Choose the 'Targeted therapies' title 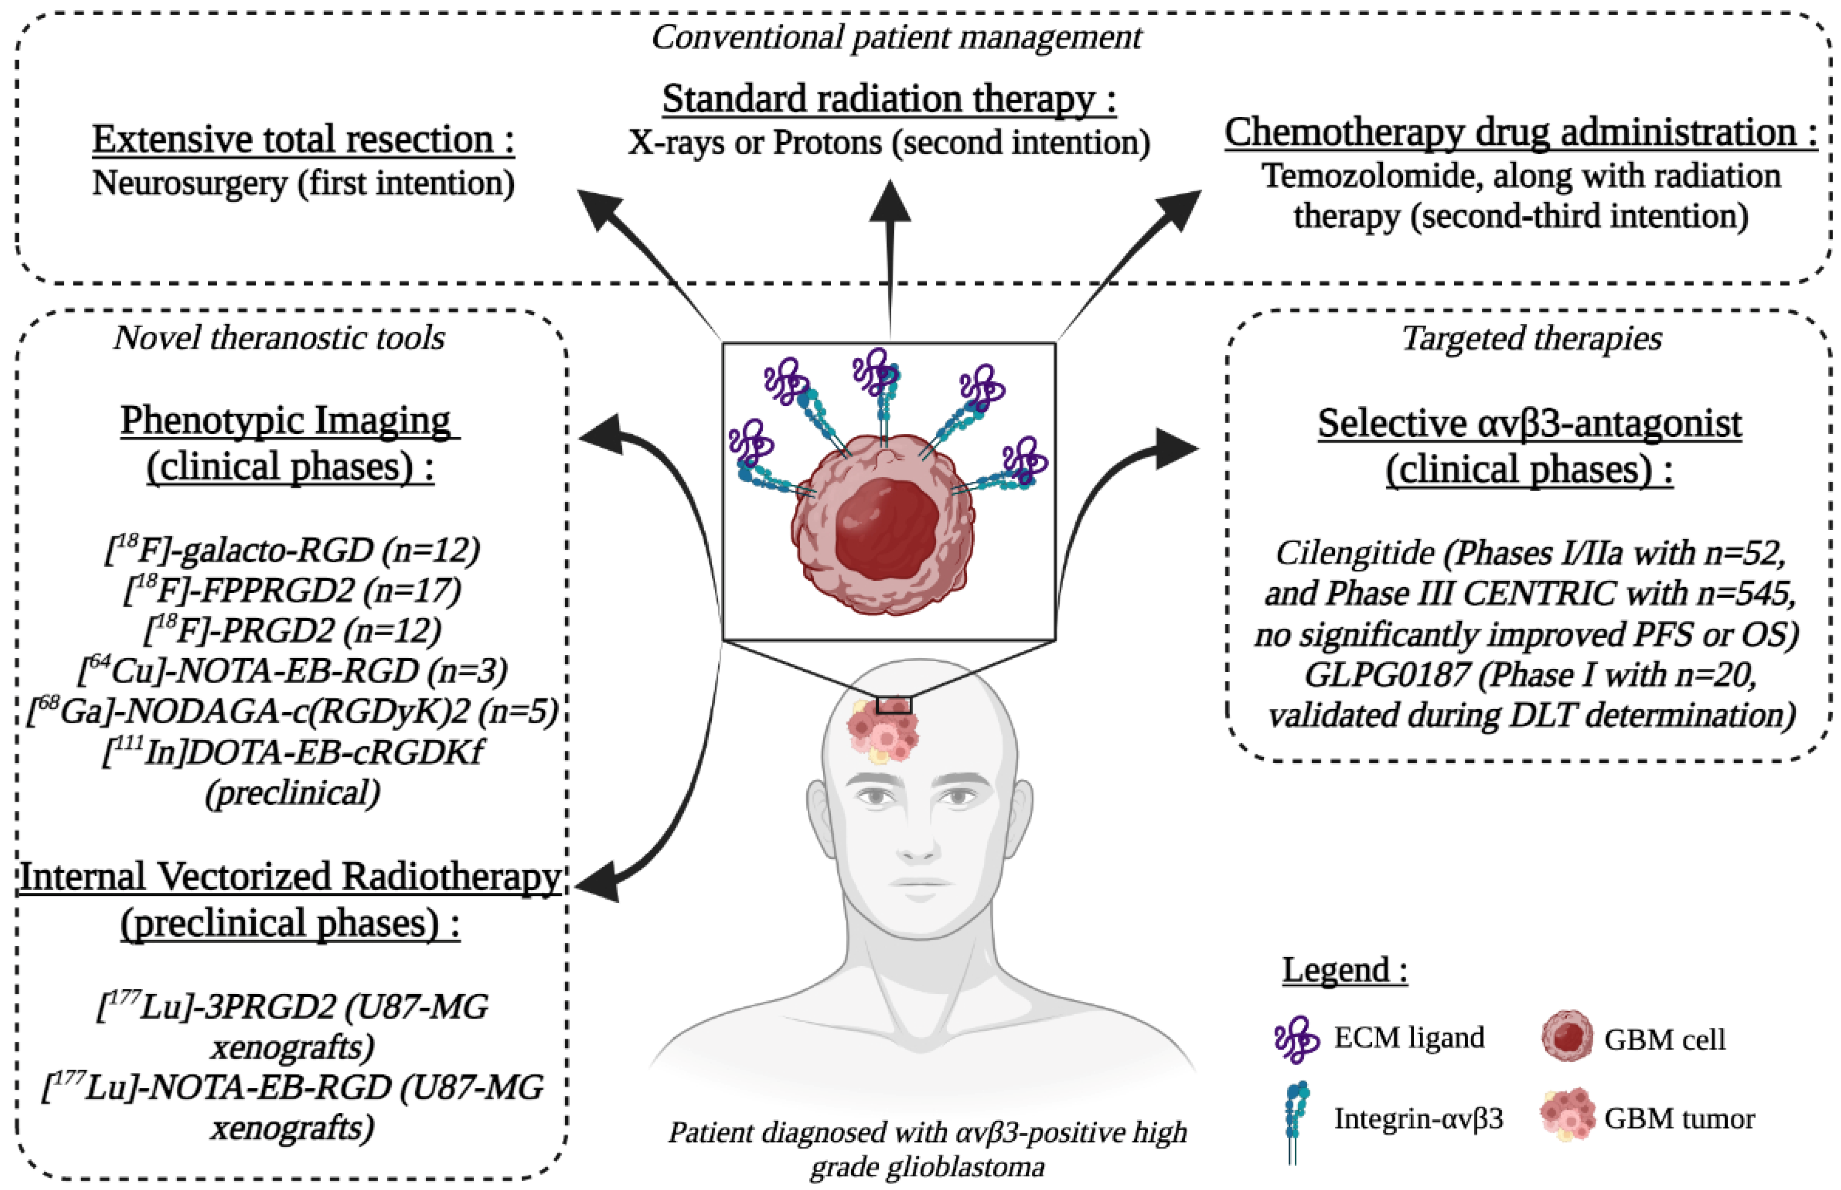pyautogui.click(x=1531, y=337)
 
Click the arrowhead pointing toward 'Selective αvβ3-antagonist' pyautogui.click(x=1178, y=448)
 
